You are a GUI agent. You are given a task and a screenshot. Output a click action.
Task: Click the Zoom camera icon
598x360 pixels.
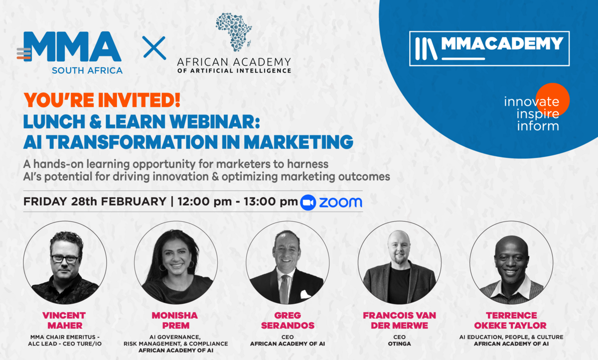308,202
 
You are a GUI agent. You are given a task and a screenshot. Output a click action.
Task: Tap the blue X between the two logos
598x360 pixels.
154,48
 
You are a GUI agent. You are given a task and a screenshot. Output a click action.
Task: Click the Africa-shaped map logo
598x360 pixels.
234,32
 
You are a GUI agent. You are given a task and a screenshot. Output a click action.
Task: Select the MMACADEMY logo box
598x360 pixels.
489,48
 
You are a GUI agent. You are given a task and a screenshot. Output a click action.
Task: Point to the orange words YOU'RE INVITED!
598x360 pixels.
102,100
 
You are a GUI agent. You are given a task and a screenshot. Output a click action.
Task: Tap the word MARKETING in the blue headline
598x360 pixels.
299,142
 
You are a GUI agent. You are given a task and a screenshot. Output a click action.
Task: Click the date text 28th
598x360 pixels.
84,201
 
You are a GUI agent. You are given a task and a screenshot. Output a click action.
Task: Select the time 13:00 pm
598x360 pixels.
271,202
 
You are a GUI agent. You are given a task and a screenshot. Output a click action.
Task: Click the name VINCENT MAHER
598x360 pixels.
64,321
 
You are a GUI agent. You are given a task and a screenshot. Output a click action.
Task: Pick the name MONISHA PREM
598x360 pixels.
175,321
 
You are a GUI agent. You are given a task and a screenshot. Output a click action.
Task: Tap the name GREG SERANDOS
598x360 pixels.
288,321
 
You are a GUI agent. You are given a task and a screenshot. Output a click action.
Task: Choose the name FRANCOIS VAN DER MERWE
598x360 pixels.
399,321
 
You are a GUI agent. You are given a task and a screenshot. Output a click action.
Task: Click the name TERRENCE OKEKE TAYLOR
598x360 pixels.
510,321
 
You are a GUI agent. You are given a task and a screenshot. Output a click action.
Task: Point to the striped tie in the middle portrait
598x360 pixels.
284,289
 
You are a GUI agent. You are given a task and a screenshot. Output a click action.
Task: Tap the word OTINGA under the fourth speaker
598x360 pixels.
399,344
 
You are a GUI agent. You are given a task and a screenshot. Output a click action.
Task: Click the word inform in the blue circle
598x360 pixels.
538,126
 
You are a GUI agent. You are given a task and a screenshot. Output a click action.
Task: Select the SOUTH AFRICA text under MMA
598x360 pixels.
87,71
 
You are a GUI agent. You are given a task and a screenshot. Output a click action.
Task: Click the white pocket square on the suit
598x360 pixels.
305,294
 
